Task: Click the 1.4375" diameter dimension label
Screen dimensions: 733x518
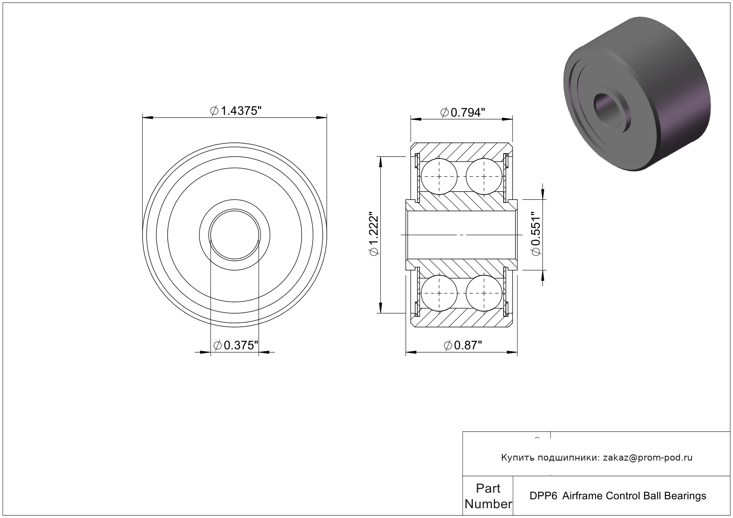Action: coord(236,111)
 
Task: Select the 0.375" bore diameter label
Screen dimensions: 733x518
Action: coord(236,345)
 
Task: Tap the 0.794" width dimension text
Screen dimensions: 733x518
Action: coord(462,113)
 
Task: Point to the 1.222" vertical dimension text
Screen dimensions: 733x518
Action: coord(373,235)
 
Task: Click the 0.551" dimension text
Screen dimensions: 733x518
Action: coord(536,234)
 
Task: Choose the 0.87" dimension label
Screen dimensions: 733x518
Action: coord(463,345)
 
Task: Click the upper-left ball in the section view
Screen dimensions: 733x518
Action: coord(439,176)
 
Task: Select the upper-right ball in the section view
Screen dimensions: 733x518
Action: coord(484,176)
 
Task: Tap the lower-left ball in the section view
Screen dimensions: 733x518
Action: coord(439,293)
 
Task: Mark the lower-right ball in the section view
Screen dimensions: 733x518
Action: coord(484,293)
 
